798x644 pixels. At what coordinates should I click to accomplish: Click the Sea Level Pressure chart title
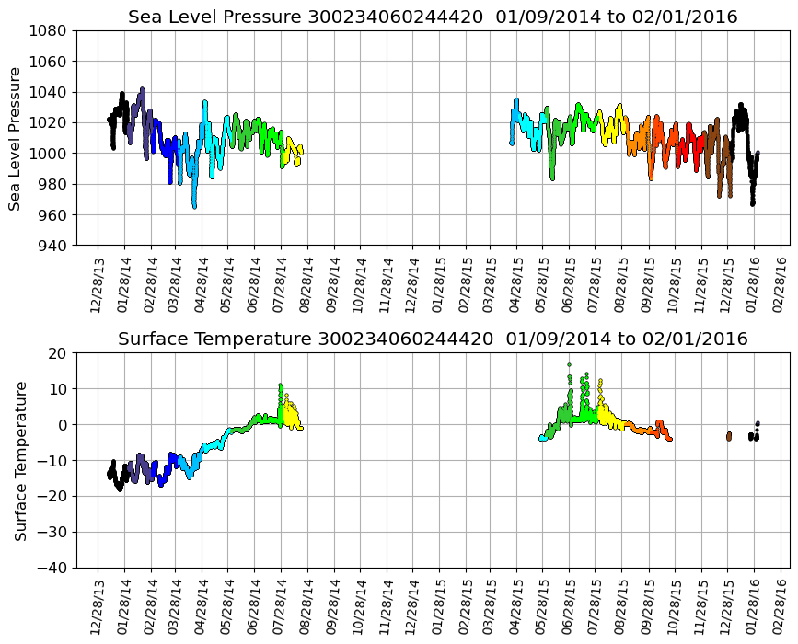pyautogui.click(x=433, y=17)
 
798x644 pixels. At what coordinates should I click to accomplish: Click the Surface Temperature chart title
pyautogui.click(x=433, y=339)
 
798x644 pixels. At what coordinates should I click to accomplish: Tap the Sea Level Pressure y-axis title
pyautogui.click(x=16, y=138)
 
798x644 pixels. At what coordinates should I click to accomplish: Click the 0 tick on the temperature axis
pyautogui.click(x=63, y=425)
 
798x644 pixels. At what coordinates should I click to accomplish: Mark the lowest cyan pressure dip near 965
pyautogui.click(x=194, y=206)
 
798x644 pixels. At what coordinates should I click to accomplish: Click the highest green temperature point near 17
pyautogui.click(x=569, y=364)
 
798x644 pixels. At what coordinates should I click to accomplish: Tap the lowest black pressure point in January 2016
pyautogui.click(x=752, y=203)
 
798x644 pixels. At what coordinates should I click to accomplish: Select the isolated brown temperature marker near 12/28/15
pyautogui.click(x=728, y=435)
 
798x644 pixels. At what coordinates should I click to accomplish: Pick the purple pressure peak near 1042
pyautogui.click(x=142, y=89)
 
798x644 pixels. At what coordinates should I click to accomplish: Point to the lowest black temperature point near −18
pyautogui.click(x=120, y=489)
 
